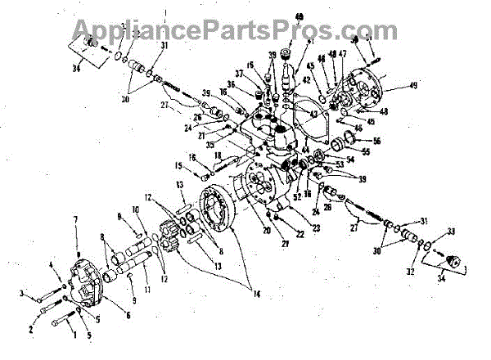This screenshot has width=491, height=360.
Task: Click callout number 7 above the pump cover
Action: tap(75, 220)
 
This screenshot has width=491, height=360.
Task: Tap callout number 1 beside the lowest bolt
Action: tap(72, 334)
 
